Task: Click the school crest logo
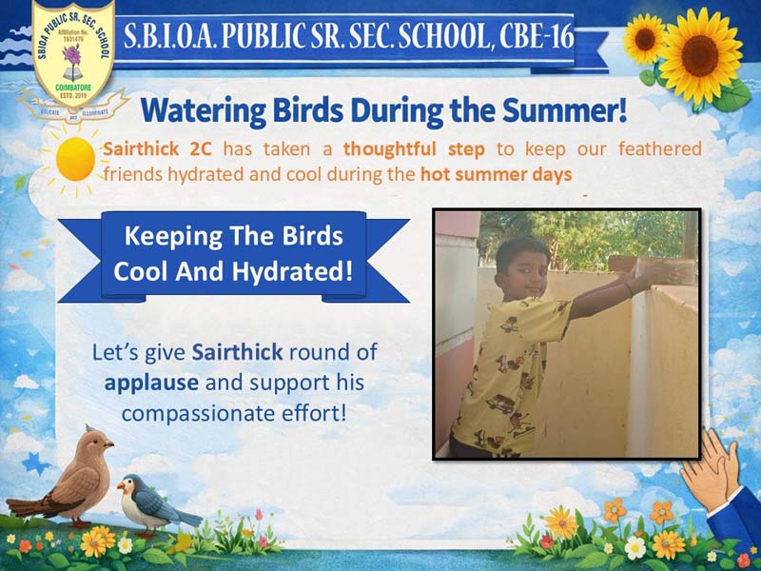coord(73,53)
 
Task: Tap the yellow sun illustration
coord(75,159)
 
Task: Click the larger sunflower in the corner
coord(700,56)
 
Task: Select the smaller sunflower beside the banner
coord(644,39)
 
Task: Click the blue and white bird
coord(155,506)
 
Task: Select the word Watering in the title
coord(203,111)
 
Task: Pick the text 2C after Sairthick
coord(201,149)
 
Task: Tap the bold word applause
coord(151,384)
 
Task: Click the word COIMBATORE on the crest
coord(73,88)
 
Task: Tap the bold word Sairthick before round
coord(237,352)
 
